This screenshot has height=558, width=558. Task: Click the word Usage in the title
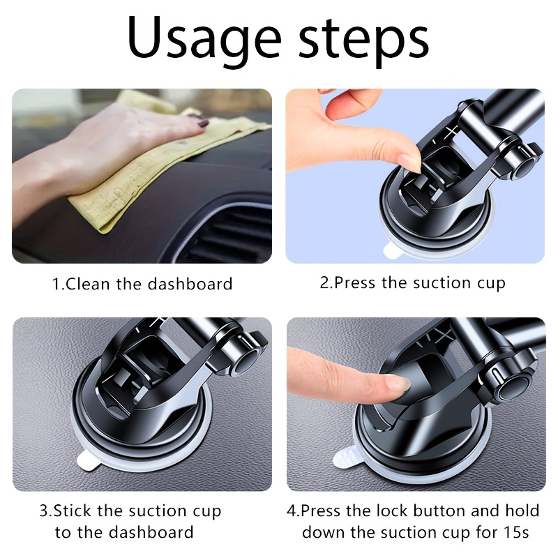tap(204, 38)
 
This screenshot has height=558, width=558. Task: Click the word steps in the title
tap(363, 41)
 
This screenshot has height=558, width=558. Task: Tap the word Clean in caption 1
tap(88, 284)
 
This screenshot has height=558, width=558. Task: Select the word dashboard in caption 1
tap(190, 284)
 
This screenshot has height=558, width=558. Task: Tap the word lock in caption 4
tap(391, 511)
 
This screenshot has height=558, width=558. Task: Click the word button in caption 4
tap(440, 511)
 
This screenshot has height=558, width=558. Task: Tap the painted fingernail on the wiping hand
tap(203, 124)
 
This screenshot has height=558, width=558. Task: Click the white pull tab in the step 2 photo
tap(393, 252)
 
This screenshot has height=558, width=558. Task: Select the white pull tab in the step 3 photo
tap(88, 461)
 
